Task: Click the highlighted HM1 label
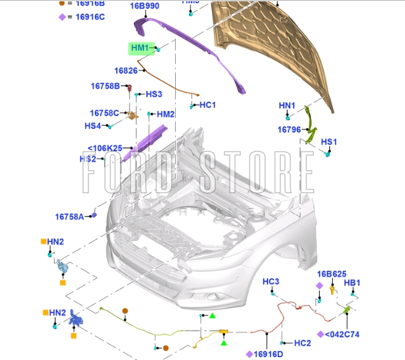click(x=140, y=48)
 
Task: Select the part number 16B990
click(x=145, y=6)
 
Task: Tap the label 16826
click(x=126, y=71)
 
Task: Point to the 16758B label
click(x=105, y=86)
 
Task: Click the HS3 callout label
click(x=153, y=94)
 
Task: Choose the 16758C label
click(x=104, y=113)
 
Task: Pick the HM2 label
click(x=166, y=114)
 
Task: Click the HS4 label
click(x=92, y=126)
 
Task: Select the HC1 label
click(x=208, y=105)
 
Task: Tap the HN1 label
click(x=287, y=106)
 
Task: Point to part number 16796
click(x=289, y=129)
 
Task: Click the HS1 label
click(x=329, y=142)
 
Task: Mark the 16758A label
click(x=70, y=216)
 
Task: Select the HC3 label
click(x=271, y=282)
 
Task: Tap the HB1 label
click(x=352, y=283)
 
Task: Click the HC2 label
click(x=302, y=343)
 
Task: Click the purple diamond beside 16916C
click(x=62, y=17)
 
